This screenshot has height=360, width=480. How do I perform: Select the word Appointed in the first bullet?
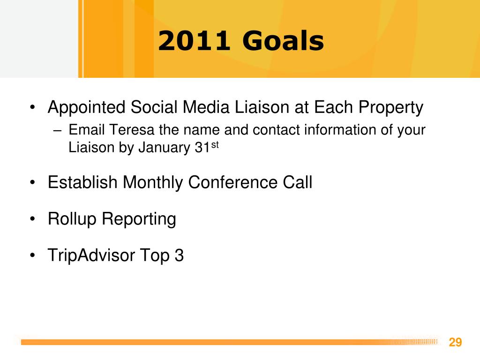click(x=87, y=108)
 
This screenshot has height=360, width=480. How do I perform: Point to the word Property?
click(x=391, y=108)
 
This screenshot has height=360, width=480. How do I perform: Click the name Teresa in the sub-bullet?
click(x=131, y=129)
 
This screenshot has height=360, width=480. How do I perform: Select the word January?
click(x=164, y=148)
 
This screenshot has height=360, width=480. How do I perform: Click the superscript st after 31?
click(x=215, y=144)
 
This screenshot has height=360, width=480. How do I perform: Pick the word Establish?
click(x=82, y=182)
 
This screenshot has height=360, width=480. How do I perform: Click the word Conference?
click(x=232, y=182)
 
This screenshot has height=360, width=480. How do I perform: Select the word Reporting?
click(x=139, y=219)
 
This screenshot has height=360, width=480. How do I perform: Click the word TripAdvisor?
click(x=91, y=255)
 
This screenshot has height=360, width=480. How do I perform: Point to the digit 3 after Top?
click(x=179, y=255)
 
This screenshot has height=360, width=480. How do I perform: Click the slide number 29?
click(x=455, y=342)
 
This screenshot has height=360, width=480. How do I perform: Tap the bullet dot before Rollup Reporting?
click(x=33, y=219)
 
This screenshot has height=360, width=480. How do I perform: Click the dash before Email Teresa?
click(x=57, y=130)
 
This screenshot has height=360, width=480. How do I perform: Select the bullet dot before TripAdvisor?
click(x=33, y=255)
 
